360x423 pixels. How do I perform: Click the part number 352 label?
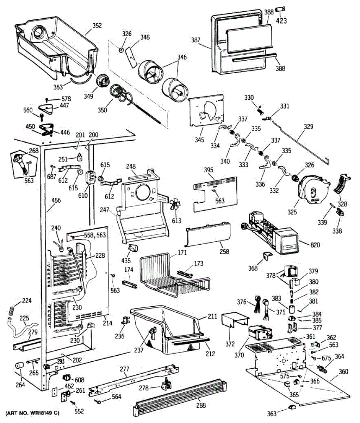(97, 25)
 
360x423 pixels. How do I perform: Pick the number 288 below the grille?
(201, 405)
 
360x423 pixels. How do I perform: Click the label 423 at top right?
(281, 20)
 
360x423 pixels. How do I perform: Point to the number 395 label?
(209, 170)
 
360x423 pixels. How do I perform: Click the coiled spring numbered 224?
(12, 311)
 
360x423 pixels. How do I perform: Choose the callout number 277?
(125, 369)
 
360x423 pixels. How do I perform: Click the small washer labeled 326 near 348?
(121, 50)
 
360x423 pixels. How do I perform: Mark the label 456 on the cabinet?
(56, 200)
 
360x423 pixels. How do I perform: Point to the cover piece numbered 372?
(234, 321)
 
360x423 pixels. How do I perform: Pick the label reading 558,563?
(96, 235)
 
